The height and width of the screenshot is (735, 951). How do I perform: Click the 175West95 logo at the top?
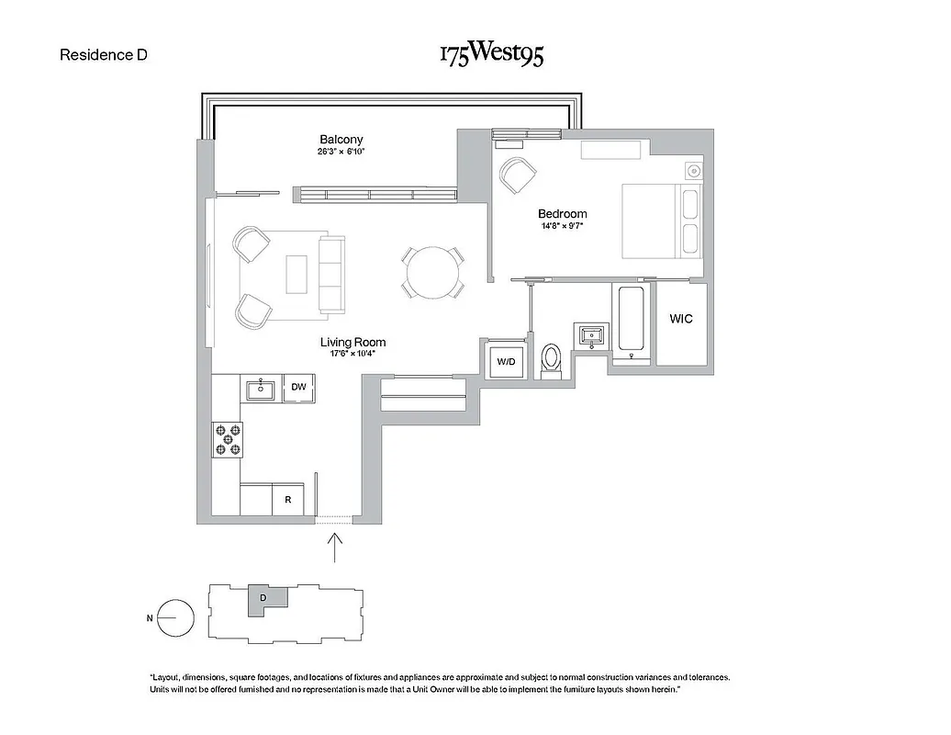491,54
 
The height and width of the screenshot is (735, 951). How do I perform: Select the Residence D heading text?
104,54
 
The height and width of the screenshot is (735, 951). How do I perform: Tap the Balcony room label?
341,140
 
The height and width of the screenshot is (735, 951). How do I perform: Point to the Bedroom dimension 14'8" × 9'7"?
562,227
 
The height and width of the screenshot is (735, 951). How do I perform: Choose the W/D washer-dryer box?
507,361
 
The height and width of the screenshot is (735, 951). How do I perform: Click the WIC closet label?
680,319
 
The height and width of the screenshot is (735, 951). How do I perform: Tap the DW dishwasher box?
298,388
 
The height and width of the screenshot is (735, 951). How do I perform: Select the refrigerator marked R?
288,501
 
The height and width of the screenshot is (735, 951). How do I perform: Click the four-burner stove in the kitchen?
228,438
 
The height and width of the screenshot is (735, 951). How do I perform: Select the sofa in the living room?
330,273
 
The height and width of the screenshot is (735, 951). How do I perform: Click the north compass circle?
175,617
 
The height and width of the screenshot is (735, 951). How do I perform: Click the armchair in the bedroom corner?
517,174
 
